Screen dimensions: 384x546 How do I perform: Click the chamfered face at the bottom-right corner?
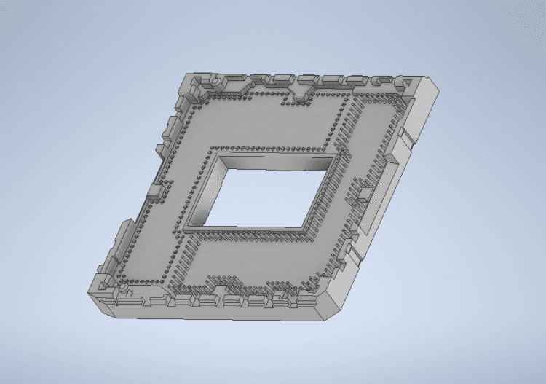336,305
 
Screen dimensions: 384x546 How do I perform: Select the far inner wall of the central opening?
277,160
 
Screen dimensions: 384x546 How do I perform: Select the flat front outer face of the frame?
211,310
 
